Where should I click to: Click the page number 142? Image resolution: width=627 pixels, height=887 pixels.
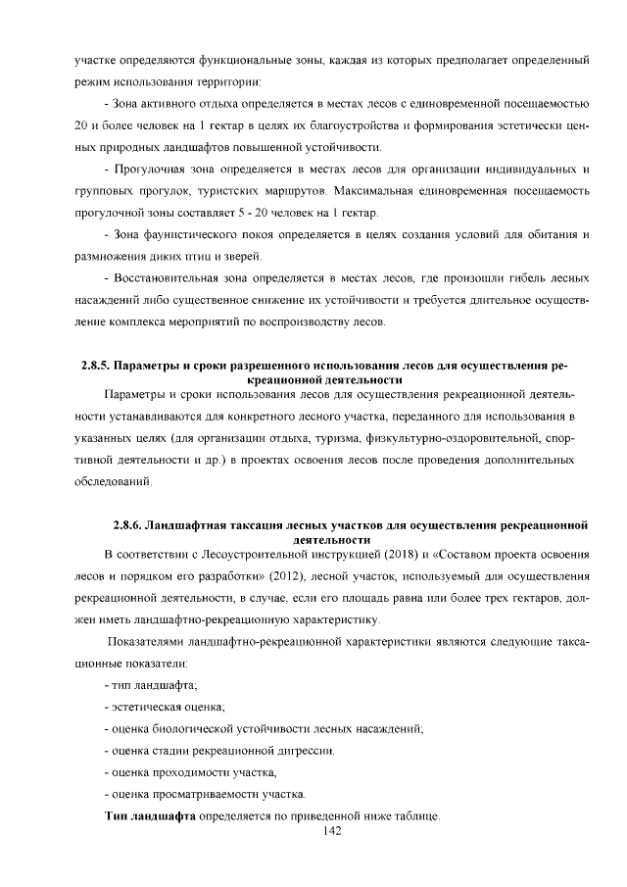point(330,831)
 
